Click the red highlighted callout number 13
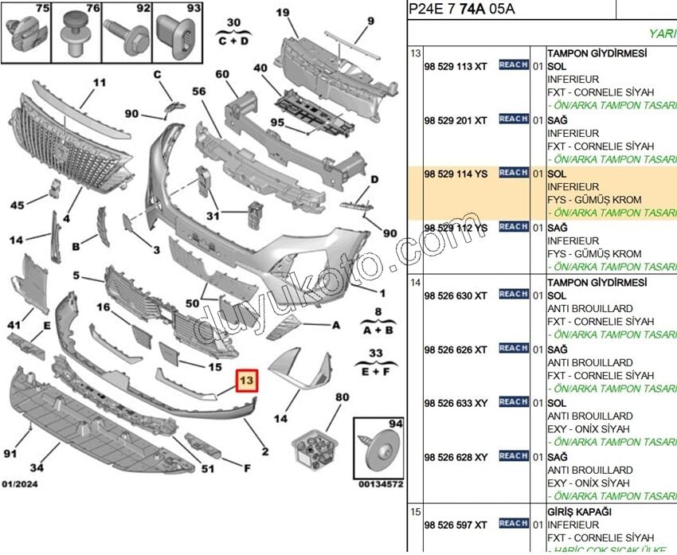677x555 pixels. tap(247, 382)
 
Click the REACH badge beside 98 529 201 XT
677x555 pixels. tap(514, 119)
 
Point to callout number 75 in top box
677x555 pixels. tap(41, 9)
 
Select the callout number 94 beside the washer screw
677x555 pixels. tap(395, 424)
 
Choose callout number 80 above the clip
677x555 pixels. tap(342, 397)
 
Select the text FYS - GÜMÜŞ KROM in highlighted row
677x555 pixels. tap(594, 200)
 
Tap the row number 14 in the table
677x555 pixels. tap(415, 282)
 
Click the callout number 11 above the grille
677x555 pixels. tap(99, 82)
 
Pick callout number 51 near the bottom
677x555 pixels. tap(208, 468)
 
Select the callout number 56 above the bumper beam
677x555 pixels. tap(199, 92)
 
